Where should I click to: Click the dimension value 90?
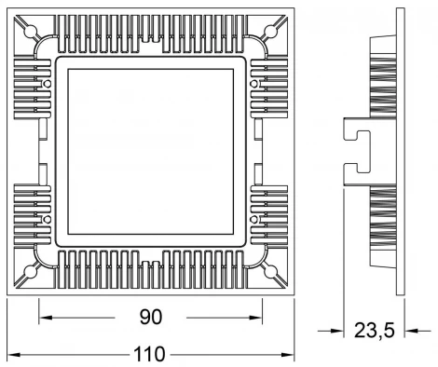point(151,317)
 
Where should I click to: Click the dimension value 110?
point(149,354)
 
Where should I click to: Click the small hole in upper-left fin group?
point(46,85)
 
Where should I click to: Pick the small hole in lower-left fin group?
point(46,219)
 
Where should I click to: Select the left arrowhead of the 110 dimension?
point(11,355)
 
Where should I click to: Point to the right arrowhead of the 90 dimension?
point(260,318)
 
